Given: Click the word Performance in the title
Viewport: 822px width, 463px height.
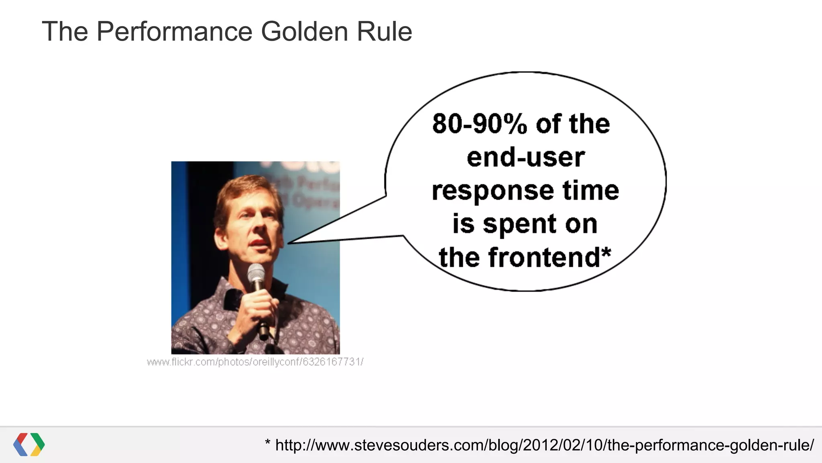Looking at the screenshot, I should coord(175,31).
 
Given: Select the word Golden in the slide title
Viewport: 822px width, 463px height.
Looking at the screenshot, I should coord(304,31).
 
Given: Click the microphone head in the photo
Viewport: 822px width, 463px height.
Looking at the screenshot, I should coord(256,273).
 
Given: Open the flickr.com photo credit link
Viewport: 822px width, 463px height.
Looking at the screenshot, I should coord(255,362).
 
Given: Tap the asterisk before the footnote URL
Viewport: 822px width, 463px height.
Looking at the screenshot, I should coord(268,443).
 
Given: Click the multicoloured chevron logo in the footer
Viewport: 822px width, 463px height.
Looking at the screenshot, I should coord(29,445).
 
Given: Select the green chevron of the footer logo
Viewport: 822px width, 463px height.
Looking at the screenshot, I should coord(39,441).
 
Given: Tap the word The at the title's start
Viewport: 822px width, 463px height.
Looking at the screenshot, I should coord(65,31).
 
